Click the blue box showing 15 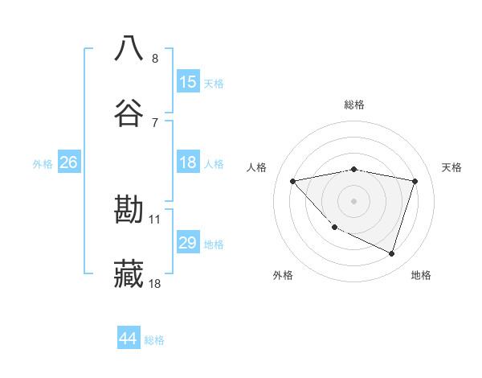pyautogui.click(x=188, y=82)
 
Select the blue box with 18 pyautogui.click(x=188, y=162)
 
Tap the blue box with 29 pyautogui.click(x=188, y=243)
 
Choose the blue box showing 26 pyautogui.click(x=68, y=162)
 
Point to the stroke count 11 pyautogui.click(x=155, y=219)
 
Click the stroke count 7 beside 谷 pyautogui.click(x=155, y=122)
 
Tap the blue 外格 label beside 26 pyautogui.click(x=43, y=164)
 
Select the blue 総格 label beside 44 pyautogui.click(x=154, y=340)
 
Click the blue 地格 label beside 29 pyautogui.click(x=214, y=244)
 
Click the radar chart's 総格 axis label pyautogui.click(x=354, y=105)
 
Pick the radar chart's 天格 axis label pyautogui.click(x=452, y=167)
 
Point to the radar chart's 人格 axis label pyautogui.click(x=257, y=167)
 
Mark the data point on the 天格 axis pyautogui.click(x=415, y=181)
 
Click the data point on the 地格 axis pyautogui.click(x=392, y=254)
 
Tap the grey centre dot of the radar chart pyautogui.click(x=354, y=201)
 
